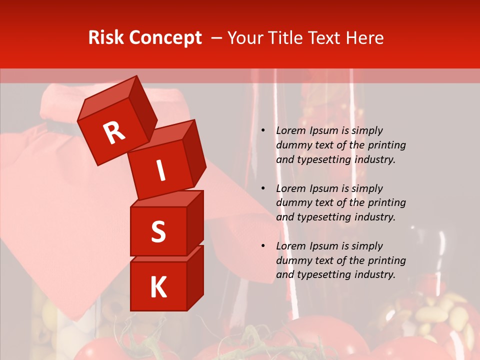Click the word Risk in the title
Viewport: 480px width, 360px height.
(107, 38)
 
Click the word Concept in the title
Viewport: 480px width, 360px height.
(165, 38)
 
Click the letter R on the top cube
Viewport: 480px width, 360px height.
(114, 132)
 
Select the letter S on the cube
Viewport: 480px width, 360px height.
(158, 231)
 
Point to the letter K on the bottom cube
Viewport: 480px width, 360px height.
(158, 287)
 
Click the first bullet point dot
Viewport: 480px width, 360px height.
(263, 131)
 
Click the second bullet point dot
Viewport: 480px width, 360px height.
(263, 188)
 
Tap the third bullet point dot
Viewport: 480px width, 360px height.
(263, 246)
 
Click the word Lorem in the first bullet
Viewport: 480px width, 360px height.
(290, 130)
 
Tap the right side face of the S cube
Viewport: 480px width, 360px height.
(195, 222)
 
